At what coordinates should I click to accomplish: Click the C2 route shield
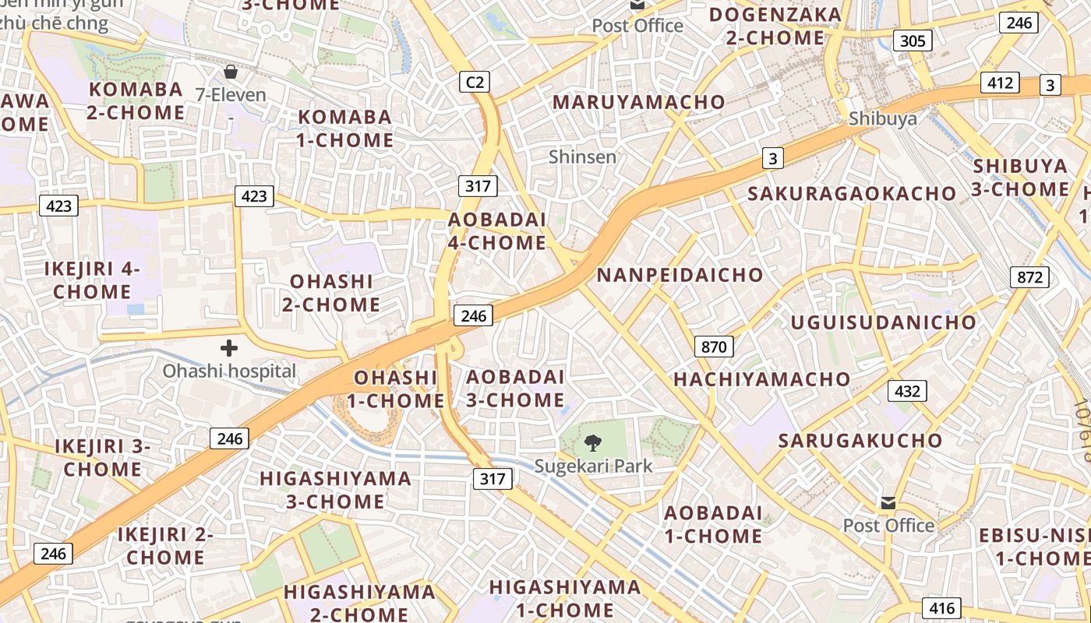(474, 81)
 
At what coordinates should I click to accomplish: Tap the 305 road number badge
(913, 40)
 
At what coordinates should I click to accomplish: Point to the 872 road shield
(1029, 276)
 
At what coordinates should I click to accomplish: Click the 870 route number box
(713, 347)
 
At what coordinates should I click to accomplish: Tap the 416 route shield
(941, 608)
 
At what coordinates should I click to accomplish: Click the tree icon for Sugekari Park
(593, 444)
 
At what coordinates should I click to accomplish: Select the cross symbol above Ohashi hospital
(229, 348)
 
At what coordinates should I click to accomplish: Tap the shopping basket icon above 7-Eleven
(231, 72)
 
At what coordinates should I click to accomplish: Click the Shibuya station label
(882, 118)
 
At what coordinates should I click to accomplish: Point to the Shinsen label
(582, 157)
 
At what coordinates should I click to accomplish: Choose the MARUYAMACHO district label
(638, 102)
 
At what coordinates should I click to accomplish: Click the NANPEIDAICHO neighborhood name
(680, 275)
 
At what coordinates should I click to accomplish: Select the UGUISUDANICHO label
(883, 322)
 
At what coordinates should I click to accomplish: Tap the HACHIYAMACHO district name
(761, 379)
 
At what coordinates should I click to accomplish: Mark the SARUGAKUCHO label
(860, 440)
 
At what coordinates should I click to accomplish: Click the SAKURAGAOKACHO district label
(852, 193)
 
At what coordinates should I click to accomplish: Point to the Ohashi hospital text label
(229, 371)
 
